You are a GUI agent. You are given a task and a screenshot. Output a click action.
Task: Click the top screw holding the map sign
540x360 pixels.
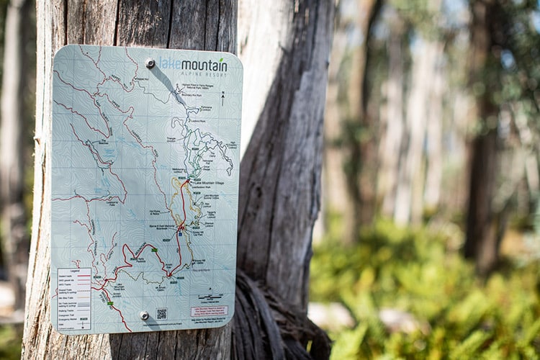coord(150,63)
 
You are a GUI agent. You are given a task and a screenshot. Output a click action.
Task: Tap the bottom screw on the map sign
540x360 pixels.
coord(144,315)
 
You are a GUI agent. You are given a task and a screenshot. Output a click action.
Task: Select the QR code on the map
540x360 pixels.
coord(161,314)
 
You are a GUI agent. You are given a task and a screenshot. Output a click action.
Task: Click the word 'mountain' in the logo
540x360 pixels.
coord(204,66)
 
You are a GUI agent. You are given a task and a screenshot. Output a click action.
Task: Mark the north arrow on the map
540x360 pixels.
coord(222,97)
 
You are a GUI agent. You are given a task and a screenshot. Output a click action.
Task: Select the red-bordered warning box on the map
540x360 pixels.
coord(209,311)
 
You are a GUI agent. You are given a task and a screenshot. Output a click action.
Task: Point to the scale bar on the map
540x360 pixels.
coord(210,297)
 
